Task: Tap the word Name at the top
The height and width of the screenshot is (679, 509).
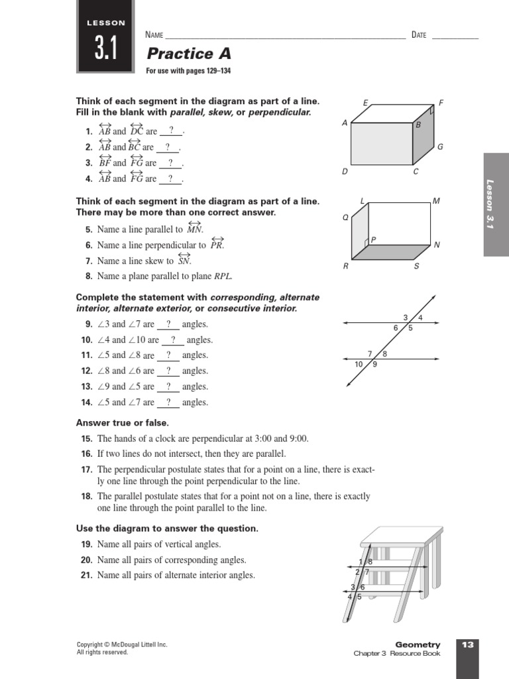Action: click(154, 35)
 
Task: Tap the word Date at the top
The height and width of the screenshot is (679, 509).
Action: click(419, 35)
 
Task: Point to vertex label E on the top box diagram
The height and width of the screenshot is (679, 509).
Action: click(365, 103)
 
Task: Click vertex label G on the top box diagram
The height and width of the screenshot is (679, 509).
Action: click(440, 147)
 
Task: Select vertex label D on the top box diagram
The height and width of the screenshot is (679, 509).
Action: click(345, 171)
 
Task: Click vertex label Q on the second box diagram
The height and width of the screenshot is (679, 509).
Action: click(345, 217)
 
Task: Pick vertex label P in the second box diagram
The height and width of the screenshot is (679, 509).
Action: click(374, 240)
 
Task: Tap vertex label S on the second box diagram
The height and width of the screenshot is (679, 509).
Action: click(416, 266)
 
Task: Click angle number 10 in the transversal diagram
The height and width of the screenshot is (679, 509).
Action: click(359, 364)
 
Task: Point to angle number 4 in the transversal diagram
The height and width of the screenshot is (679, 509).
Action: click(420, 318)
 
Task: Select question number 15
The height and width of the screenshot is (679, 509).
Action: click(87, 439)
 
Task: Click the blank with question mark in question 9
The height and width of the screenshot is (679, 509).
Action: click(168, 324)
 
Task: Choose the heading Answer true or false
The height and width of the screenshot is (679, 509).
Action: click(123, 422)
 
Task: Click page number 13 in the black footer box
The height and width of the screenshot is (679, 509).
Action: click(467, 645)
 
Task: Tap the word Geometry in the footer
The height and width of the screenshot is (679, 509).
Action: click(418, 645)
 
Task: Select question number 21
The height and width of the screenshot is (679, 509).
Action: click(87, 576)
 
